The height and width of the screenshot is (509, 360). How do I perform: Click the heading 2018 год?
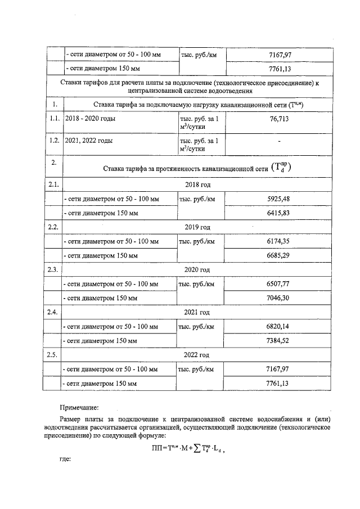click(197, 184)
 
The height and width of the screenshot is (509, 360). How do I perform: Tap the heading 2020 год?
click(197, 270)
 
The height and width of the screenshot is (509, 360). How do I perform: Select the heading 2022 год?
click(197, 355)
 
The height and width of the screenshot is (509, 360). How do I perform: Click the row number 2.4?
click(53, 312)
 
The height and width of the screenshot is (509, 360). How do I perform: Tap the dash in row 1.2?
click(279, 141)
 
